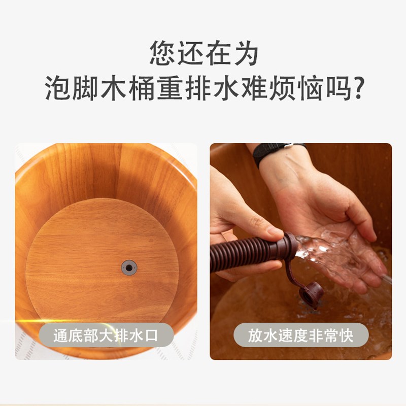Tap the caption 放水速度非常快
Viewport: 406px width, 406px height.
click(301, 335)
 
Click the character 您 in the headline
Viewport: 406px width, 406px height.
click(162, 52)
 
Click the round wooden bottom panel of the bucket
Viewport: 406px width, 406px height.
click(101, 244)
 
